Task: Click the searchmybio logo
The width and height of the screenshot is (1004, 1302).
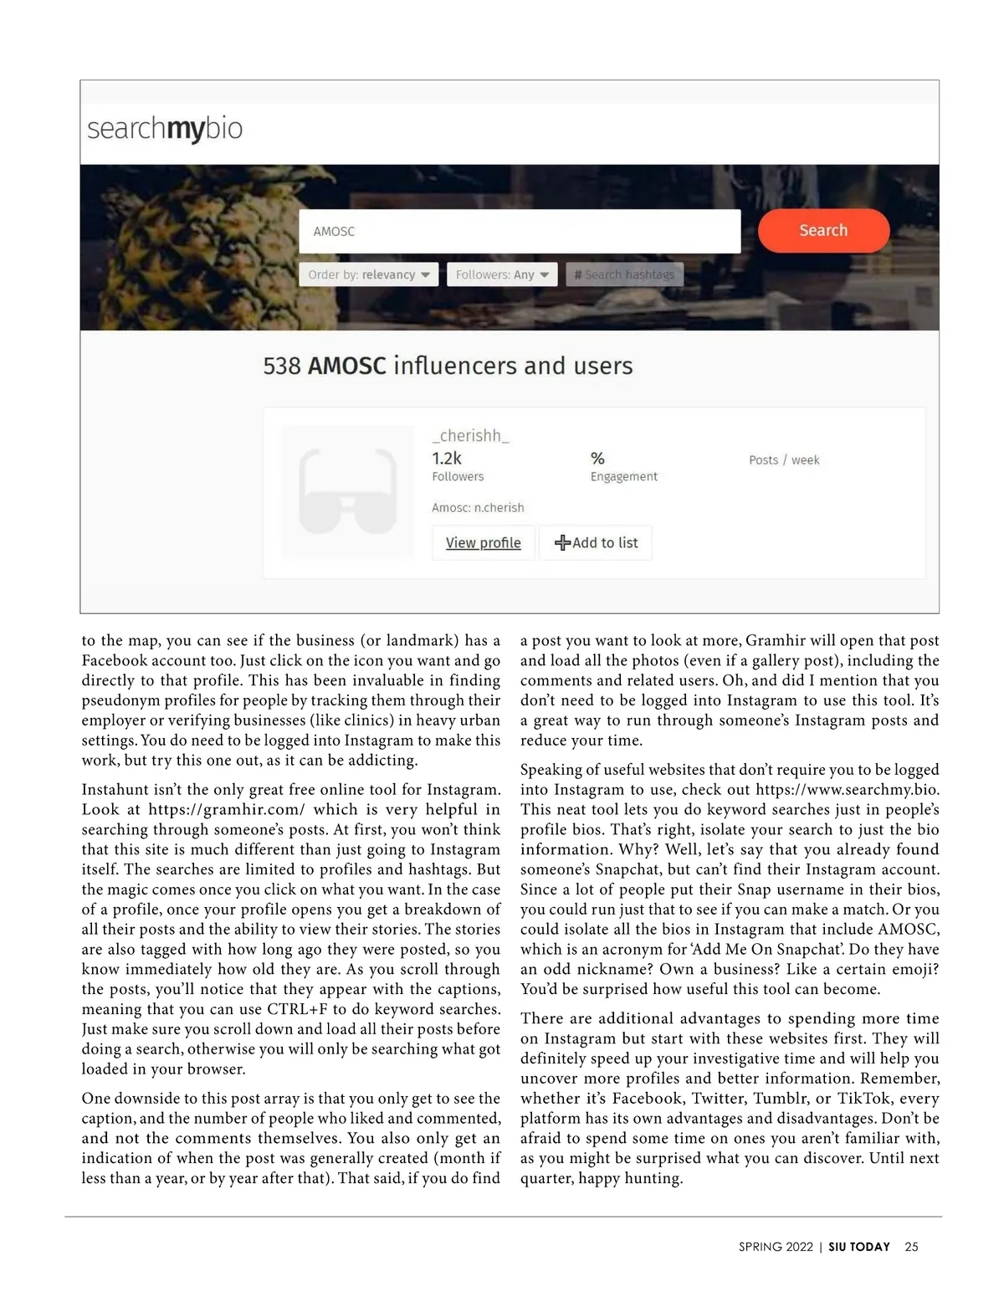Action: [165, 129]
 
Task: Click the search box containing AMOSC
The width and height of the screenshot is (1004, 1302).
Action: [519, 231]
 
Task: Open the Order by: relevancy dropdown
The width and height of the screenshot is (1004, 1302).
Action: [368, 274]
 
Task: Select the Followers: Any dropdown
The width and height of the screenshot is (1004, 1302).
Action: [502, 274]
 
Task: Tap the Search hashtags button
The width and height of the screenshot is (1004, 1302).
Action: [624, 274]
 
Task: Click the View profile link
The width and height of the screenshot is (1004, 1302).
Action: [483, 543]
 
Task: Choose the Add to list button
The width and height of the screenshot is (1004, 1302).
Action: [596, 543]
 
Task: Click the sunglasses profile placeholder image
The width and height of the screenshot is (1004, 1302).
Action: [347, 492]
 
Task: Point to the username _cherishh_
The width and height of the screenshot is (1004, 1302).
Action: [470, 435]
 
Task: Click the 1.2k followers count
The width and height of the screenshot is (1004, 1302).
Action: [447, 459]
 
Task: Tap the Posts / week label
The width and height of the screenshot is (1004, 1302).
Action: [784, 460]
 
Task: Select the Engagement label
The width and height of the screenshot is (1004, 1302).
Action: [623, 477]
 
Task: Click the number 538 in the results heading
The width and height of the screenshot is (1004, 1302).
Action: [281, 367]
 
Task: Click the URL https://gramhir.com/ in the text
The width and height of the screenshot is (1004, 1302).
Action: [226, 810]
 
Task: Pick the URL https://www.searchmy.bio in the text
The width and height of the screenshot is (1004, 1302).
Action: [847, 790]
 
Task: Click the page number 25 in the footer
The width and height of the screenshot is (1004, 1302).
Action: [911, 1247]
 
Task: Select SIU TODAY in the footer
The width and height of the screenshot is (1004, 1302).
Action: [859, 1247]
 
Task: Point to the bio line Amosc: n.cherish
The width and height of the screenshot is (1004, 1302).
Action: [478, 508]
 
